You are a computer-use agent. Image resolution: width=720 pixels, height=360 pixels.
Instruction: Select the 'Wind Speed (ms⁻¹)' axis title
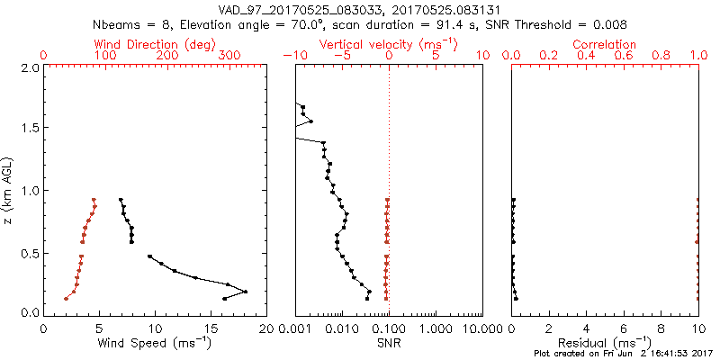pyautogui.click(x=155, y=342)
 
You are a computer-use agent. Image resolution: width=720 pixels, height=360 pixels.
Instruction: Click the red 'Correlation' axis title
pyautogui.click(x=604, y=44)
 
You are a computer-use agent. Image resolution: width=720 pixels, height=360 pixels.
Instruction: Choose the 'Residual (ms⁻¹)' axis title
pyautogui.click(x=605, y=342)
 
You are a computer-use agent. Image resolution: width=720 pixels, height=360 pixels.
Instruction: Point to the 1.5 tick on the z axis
pyautogui.click(x=31, y=128)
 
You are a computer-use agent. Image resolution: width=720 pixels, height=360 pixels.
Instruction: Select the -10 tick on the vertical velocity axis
pyautogui.click(x=292, y=56)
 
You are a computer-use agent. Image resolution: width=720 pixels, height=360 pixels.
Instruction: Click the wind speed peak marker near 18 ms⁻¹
pyautogui.click(x=245, y=292)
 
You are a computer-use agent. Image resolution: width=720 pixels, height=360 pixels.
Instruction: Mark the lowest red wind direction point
pyautogui.click(x=66, y=299)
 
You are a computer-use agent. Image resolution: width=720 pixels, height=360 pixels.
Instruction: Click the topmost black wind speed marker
pyautogui.click(x=121, y=200)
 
